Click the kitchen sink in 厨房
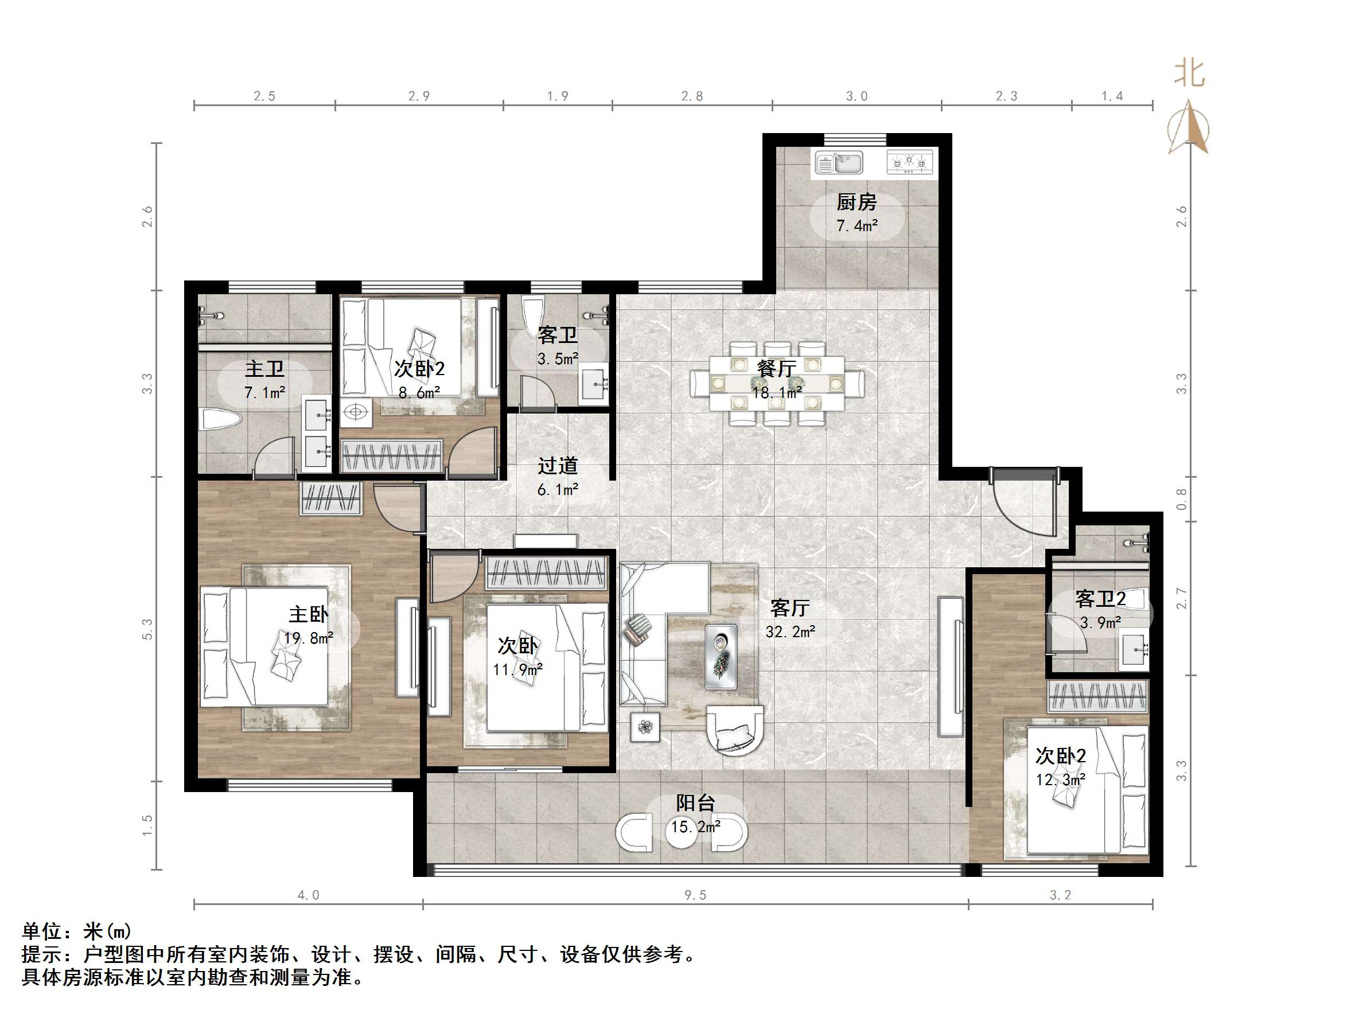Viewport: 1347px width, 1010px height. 839,162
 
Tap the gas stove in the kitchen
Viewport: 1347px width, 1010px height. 909,162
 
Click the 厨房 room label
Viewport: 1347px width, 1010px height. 856,201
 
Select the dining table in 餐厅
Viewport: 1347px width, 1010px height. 776,383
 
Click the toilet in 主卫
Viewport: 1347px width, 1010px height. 221,420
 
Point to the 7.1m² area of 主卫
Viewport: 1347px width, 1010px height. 265,393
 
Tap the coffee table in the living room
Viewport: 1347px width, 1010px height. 721,657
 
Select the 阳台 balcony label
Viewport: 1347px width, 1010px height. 695,803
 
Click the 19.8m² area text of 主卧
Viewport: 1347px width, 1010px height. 309,638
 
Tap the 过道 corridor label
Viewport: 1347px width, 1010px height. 558,466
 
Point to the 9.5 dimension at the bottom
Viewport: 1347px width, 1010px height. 695,895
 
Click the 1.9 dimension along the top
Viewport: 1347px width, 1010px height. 558,96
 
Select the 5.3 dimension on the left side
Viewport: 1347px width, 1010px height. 147,629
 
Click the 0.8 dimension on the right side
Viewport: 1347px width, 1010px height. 1181,499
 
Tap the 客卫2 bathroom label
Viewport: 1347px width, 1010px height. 1100,599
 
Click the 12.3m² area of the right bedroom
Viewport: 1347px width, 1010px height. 1061,779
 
